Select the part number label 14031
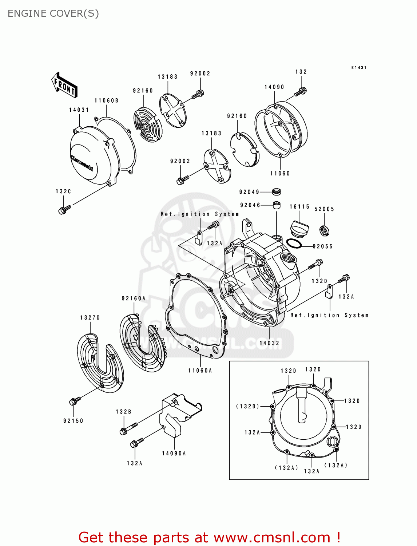click(x=79, y=110)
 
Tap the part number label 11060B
click(x=106, y=100)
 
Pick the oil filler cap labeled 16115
click(x=299, y=228)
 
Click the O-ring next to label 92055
click(x=294, y=244)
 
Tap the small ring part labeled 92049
click(x=277, y=191)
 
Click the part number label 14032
click(x=269, y=343)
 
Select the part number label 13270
click(x=90, y=318)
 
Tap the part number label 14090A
click(x=174, y=454)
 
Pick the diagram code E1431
click(x=359, y=68)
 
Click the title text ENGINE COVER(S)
click(x=53, y=13)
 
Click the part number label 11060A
click(x=200, y=371)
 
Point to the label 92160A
click(x=134, y=298)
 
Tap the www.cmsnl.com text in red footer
click(x=272, y=537)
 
